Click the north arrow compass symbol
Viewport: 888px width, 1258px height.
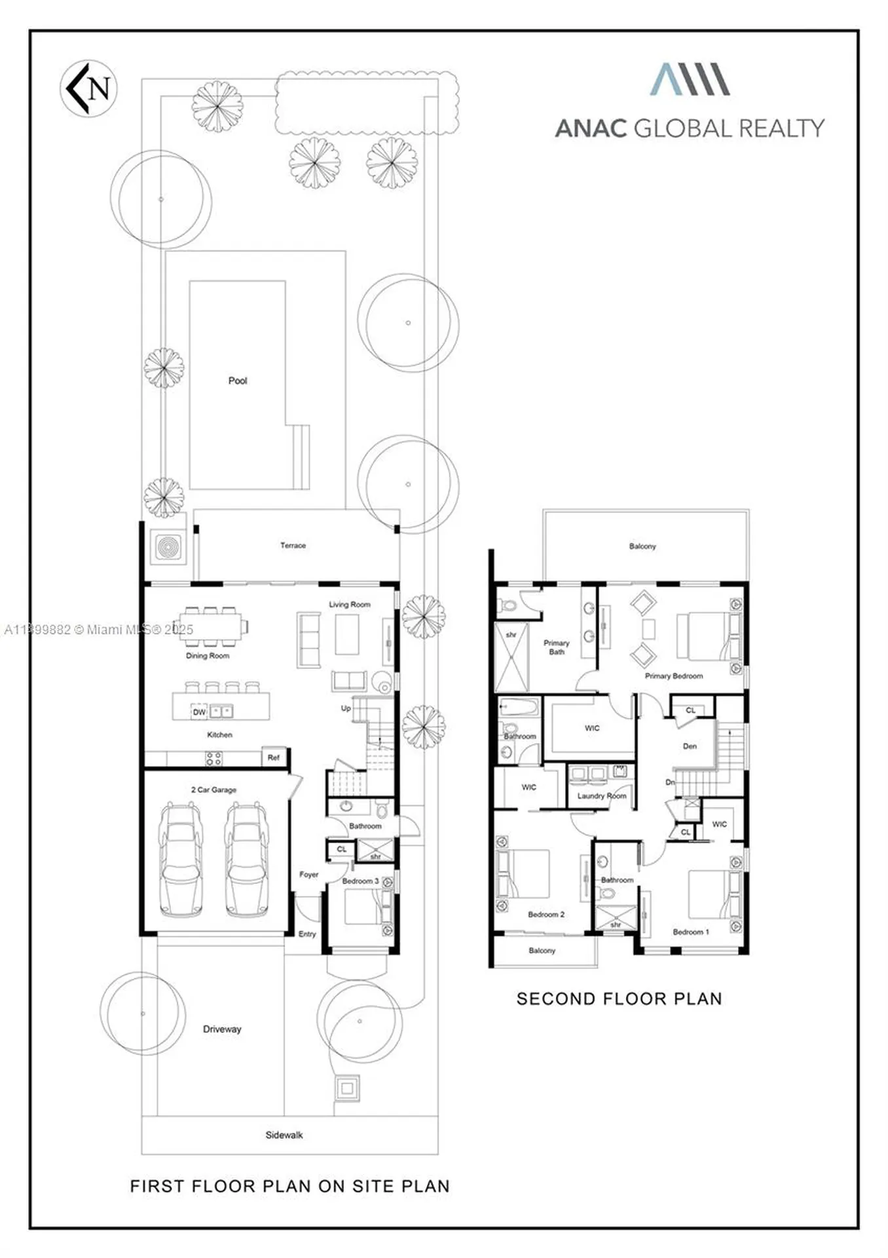[88, 88]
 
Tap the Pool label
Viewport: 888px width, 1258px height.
[238, 381]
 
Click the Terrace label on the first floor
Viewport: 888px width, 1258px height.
[293, 545]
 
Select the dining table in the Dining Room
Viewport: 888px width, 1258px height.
[211, 628]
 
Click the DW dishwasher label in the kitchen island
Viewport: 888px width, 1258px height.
[199, 712]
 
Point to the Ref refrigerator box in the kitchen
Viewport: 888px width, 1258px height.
[274, 757]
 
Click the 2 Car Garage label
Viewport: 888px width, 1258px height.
[213, 790]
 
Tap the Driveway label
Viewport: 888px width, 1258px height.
[222, 1029]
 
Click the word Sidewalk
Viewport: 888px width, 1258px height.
[284, 1135]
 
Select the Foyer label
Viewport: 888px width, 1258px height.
[308, 874]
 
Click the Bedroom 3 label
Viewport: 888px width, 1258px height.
[360, 881]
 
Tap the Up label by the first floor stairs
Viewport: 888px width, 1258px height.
[346, 708]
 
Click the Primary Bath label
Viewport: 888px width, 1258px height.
[557, 647]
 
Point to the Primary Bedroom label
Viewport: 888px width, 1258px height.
[674, 676]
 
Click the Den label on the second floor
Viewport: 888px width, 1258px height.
[690, 746]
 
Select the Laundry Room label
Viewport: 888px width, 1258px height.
[602, 795]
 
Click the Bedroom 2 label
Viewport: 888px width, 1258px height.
[546, 914]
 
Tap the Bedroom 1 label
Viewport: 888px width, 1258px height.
[691, 931]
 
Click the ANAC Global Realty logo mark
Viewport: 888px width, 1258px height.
[690, 79]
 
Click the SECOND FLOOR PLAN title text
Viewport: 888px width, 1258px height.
[619, 999]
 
